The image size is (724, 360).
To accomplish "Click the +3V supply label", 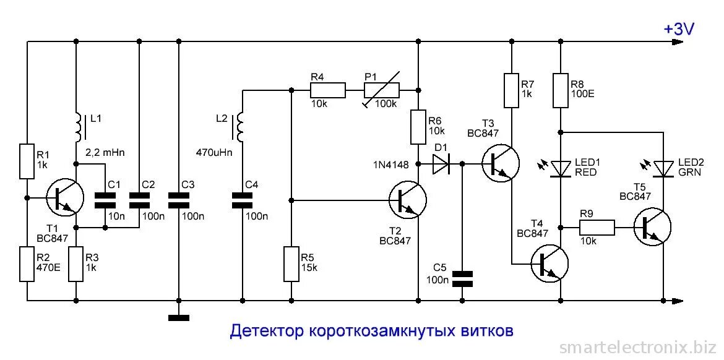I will pyautogui.click(x=679, y=29).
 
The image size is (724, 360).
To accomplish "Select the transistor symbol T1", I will pyautogui.click(x=65, y=199).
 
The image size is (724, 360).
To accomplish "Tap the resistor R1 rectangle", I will pyautogui.click(x=27, y=161).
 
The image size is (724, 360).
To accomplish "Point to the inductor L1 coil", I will pyautogui.click(x=77, y=126).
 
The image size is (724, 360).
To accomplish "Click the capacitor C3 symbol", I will pyautogui.click(x=178, y=199).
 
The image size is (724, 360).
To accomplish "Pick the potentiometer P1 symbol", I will pyautogui.click(x=381, y=92).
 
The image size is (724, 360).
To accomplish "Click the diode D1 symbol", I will pyautogui.click(x=441, y=164).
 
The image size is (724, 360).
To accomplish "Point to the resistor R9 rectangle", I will pyautogui.click(x=597, y=228).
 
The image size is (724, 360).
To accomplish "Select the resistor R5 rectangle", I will pyautogui.click(x=291, y=264).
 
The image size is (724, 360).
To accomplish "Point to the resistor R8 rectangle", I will pyautogui.click(x=561, y=90).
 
